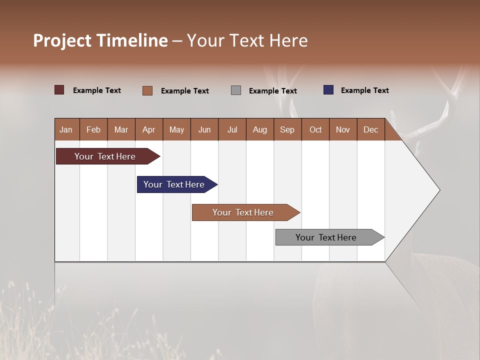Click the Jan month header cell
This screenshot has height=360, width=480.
(66, 129)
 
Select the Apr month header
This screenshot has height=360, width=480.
(149, 129)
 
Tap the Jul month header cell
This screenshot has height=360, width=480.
(232, 129)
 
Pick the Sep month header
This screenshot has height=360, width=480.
(287, 129)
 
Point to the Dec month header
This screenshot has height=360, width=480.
(370, 129)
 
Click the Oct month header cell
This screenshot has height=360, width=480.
(315, 129)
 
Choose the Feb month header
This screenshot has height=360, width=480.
(93, 129)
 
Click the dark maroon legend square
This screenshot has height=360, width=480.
(59, 90)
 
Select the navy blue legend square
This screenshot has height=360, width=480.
(328, 90)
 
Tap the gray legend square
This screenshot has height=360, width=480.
(236, 90)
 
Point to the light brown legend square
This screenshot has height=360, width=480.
(147, 90)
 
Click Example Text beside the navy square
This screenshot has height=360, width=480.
(364, 90)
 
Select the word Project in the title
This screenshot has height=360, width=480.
(62, 40)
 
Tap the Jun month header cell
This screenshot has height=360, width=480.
(204, 129)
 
